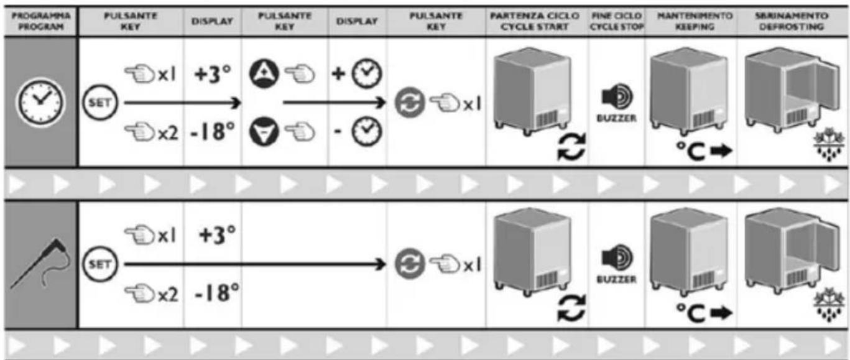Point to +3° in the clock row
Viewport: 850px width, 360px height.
click(213, 75)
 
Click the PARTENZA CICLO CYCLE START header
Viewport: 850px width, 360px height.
click(537, 20)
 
